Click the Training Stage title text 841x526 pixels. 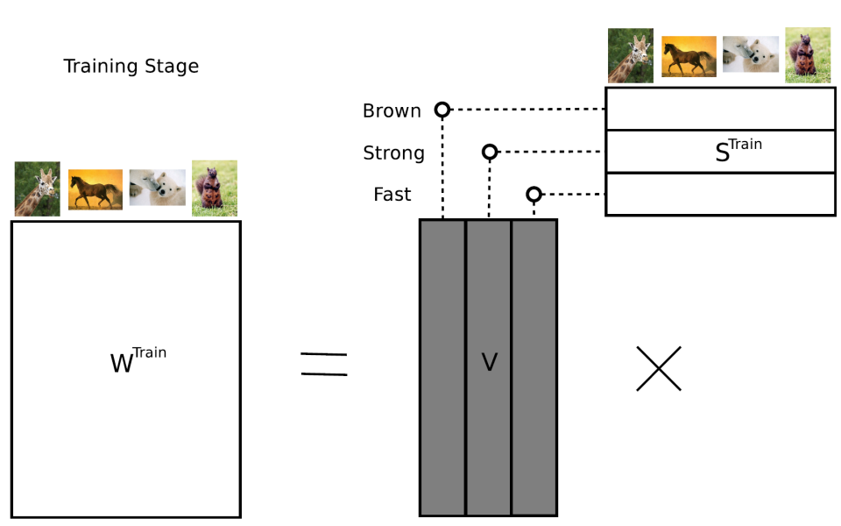(131, 67)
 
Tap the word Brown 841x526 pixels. (392, 111)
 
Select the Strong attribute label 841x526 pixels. (393, 153)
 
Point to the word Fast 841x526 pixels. (392, 195)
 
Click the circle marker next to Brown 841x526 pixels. (442, 110)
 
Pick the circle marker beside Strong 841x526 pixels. (490, 152)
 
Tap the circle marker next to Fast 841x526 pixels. (534, 194)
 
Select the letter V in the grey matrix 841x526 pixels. (489, 362)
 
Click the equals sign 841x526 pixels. (323, 364)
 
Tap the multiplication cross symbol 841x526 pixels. (658, 368)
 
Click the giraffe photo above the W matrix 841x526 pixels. (38, 188)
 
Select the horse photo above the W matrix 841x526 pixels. (95, 189)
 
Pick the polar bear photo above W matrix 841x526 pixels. (158, 188)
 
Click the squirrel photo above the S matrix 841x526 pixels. (808, 55)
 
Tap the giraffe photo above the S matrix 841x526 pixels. (631, 55)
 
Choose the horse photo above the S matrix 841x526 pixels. (689, 56)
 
